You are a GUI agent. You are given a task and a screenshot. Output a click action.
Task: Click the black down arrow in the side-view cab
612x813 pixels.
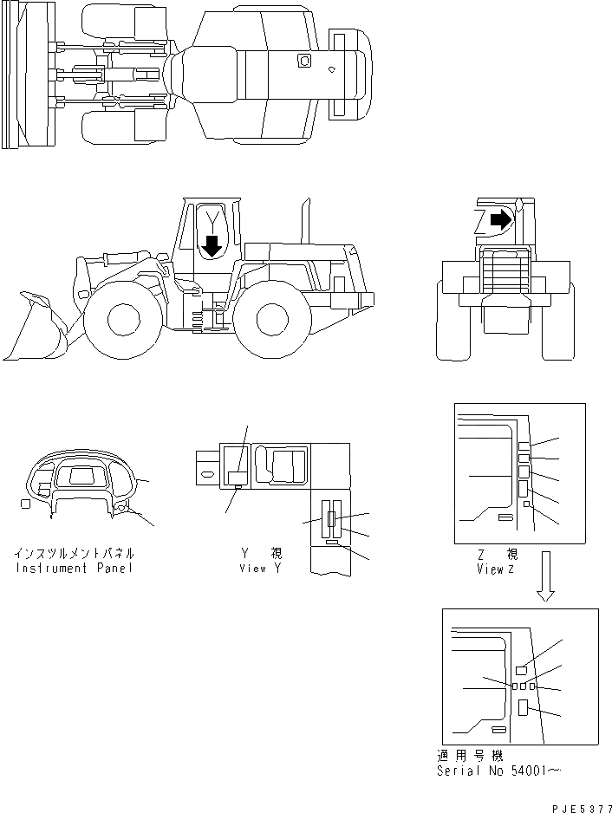(x=210, y=247)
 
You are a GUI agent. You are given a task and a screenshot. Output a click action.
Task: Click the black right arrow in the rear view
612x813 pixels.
(x=500, y=220)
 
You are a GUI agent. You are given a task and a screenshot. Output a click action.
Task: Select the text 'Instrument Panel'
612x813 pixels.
(x=75, y=569)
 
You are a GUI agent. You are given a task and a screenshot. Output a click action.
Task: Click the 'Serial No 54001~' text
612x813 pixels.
(x=501, y=771)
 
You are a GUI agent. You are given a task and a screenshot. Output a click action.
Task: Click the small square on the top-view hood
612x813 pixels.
(x=303, y=60)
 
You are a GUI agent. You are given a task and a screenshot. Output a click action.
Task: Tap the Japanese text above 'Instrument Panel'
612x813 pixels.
(x=75, y=553)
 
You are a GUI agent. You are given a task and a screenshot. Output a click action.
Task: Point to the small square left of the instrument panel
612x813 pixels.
(x=25, y=504)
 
